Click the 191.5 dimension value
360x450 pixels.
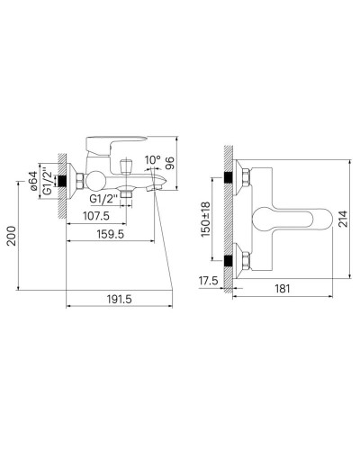tap(119, 299)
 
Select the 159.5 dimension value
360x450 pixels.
tap(111, 234)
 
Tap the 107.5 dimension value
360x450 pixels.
tap(96, 216)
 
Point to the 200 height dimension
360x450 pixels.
tap(12, 236)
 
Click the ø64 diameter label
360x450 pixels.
tap(33, 181)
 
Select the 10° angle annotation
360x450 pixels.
tap(153, 160)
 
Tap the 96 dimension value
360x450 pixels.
tap(170, 163)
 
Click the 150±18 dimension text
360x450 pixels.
tap(206, 220)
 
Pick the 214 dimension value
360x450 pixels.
tap(343, 219)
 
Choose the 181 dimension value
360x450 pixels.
tap(283, 289)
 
